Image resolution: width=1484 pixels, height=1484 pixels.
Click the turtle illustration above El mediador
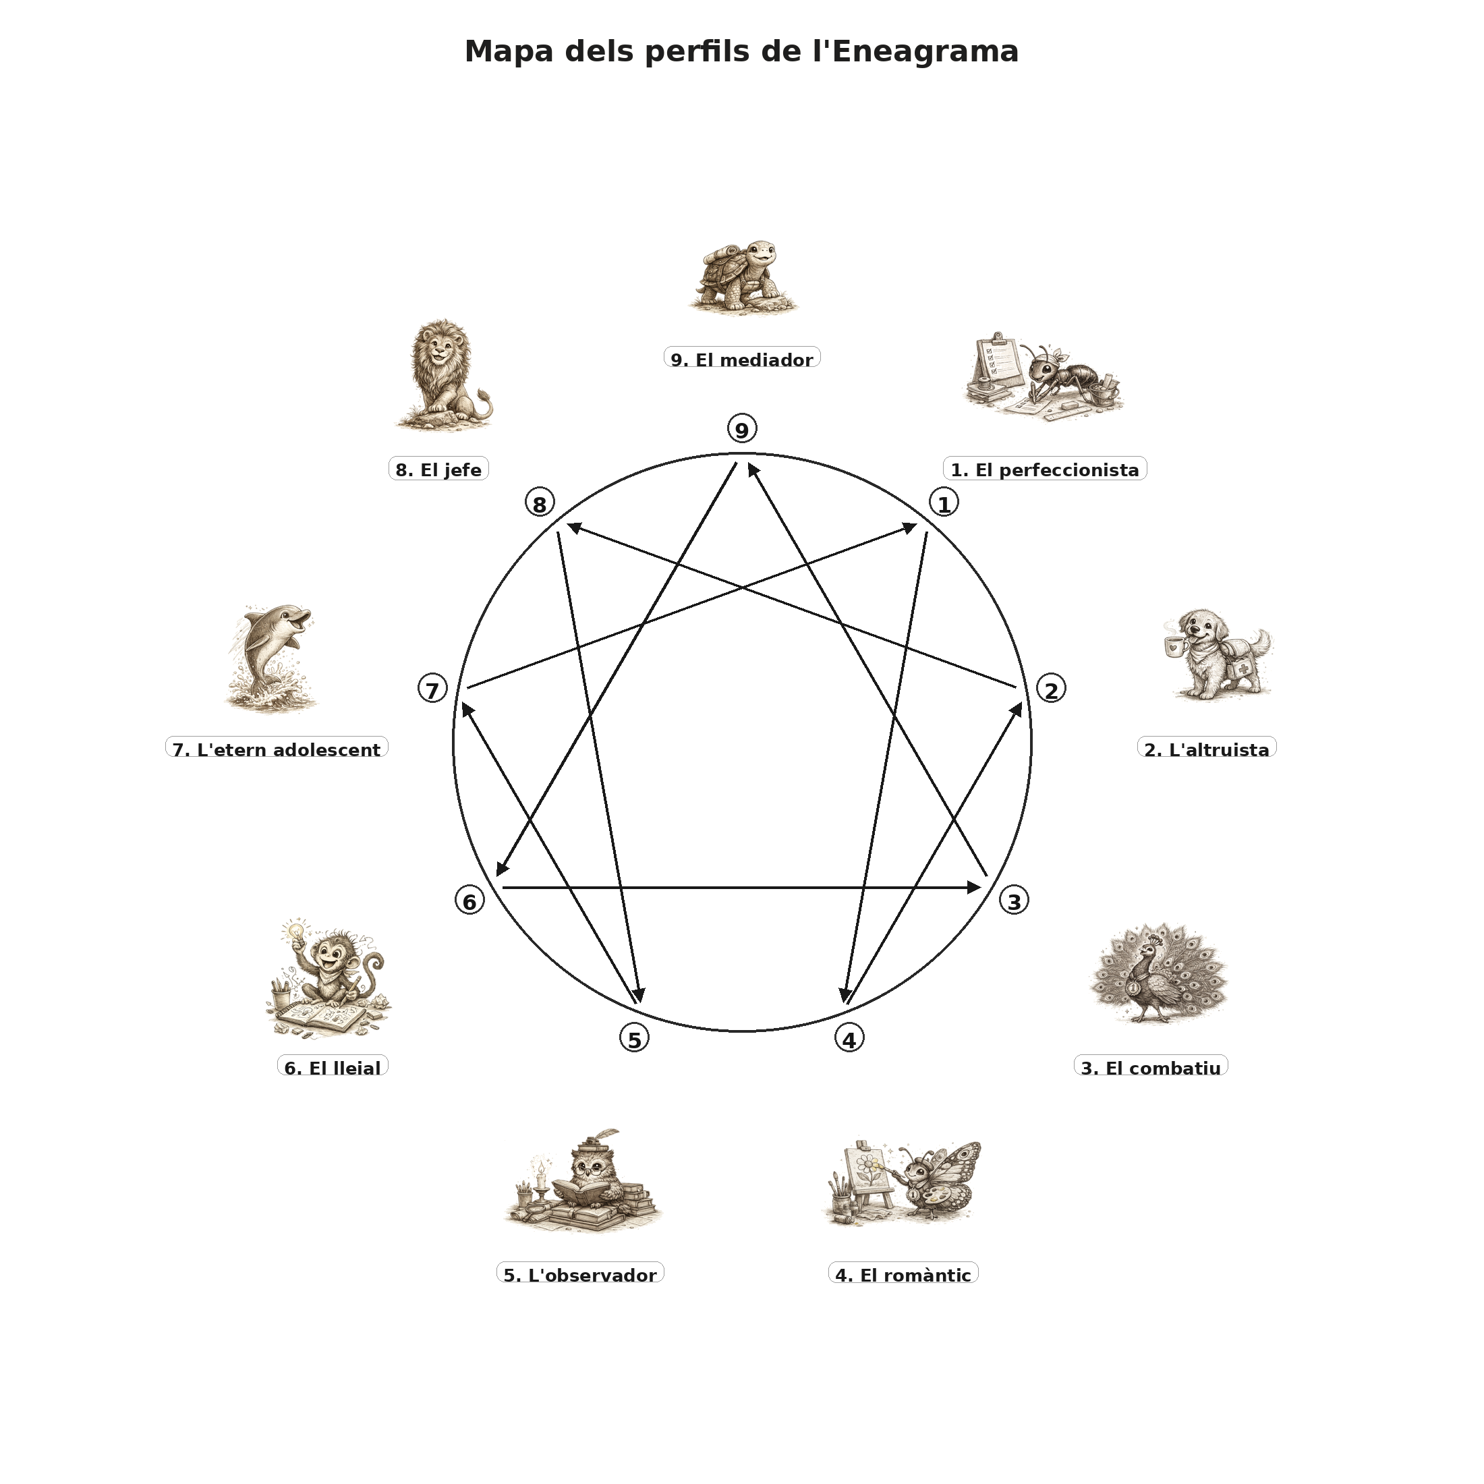click(x=742, y=277)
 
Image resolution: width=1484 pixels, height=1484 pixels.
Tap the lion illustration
click(x=443, y=374)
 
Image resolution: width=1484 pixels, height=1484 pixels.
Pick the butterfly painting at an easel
click(x=905, y=1185)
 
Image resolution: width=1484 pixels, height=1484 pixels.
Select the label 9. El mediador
click(x=742, y=359)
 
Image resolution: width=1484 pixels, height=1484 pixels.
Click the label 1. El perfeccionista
click(x=1045, y=469)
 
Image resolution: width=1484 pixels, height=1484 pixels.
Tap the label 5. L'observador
click(x=580, y=1274)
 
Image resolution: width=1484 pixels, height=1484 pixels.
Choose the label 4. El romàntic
click(x=903, y=1274)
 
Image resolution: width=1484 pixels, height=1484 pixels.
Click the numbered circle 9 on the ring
click(x=741, y=430)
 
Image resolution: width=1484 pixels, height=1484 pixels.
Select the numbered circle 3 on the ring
click(x=1014, y=901)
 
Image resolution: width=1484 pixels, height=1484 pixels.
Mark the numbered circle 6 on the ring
click(x=469, y=901)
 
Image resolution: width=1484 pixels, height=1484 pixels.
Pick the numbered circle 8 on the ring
click(x=539, y=504)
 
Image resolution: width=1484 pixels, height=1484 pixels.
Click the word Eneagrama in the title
click(x=925, y=52)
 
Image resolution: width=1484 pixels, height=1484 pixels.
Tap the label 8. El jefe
click(x=438, y=469)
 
